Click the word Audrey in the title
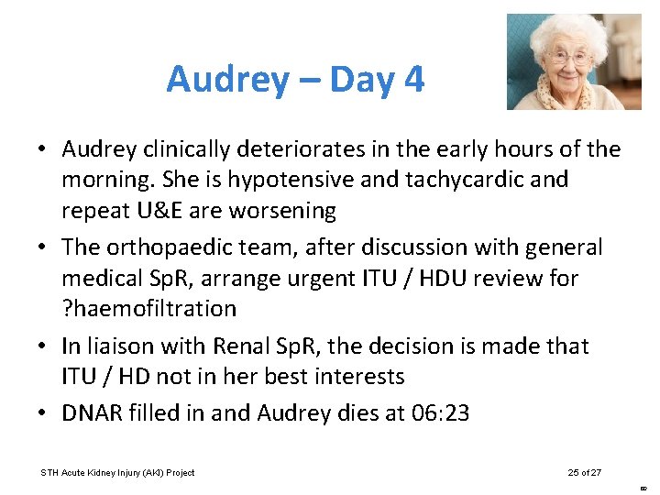pos(226,81)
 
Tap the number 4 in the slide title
pos(413,81)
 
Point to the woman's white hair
pos(572,27)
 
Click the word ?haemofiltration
pos(149,309)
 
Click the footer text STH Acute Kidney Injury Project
pos(117,472)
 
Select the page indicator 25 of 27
pos(585,472)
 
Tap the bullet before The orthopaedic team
pos(44,247)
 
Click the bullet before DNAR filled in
pos(44,413)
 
